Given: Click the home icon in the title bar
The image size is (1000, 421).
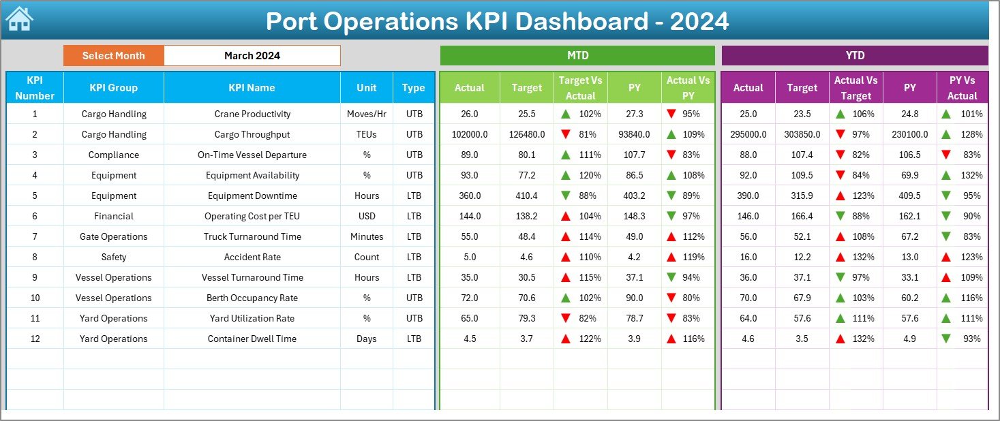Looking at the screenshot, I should pyautogui.click(x=19, y=19).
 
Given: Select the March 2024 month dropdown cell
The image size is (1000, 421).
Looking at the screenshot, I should pyautogui.click(x=252, y=56).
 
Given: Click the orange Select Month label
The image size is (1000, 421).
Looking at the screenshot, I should pyautogui.click(x=113, y=56).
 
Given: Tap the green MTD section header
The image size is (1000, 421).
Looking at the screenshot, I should pyautogui.click(x=577, y=55).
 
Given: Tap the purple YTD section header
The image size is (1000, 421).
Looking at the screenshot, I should pyautogui.click(x=854, y=55).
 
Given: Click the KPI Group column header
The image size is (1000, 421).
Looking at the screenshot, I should pyautogui.click(x=113, y=87).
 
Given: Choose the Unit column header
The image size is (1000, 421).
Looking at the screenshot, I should pyautogui.click(x=366, y=87).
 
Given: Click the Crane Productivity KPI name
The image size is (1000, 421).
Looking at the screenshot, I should pyautogui.click(x=252, y=114).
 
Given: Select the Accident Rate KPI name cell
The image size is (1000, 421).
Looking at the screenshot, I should pyautogui.click(x=252, y=257).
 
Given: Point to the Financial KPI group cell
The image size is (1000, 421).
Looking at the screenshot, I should pyautogui.click(x=113, y=216).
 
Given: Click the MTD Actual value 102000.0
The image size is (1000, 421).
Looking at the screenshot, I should pyautogui.click(x=469, y=134).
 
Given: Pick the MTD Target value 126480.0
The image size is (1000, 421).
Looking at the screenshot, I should pyautogui.click(x=526, y=134).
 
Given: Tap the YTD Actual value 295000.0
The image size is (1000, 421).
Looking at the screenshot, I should pyautogui.click(x=748, y=134).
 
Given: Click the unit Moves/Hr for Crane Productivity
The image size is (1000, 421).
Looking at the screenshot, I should pyautogui.click(x=366, y=114).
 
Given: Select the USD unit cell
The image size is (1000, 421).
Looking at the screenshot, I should pyautogui.click(x=366, y=216).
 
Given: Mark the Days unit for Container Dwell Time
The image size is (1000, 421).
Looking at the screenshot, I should pyautogui.click(x=366, y=339).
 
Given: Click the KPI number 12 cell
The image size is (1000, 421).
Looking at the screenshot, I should pyautogui.click(x=35, y=339).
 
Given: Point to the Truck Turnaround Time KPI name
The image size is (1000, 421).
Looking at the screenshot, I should pyautogui.click(x=252, y=236).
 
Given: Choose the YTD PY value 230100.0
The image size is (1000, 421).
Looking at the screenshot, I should pyautogui.click(x=909, y=134).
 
